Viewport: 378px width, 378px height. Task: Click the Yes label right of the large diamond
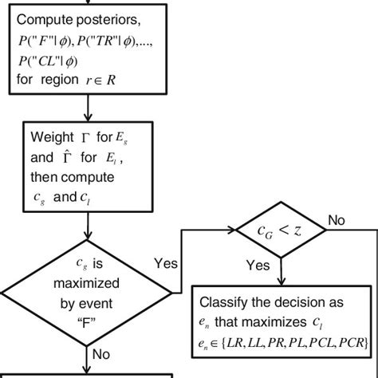click(164, 262)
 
